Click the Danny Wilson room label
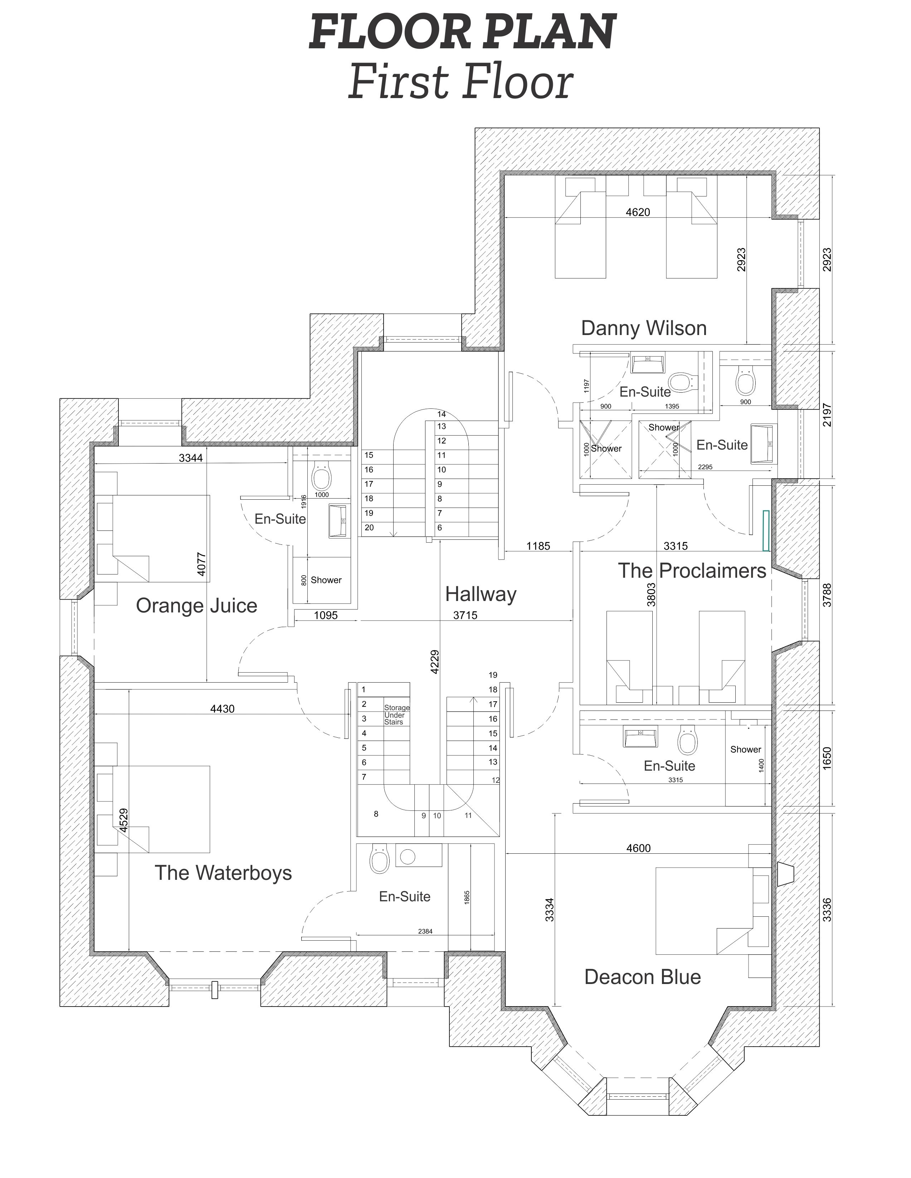[x=644, y=328]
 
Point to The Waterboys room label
[x=223, y=873]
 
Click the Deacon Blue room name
[x=643, y=977]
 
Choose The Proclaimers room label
[x=692, y=571]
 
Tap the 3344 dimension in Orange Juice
[x=191, y=458]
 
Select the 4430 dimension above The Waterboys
[x=222, y=709]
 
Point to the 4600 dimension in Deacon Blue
[x=638, y=848]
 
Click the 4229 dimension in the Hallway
[x=435, y=662]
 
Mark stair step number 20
[x=369, y=528]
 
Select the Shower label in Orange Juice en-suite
[x=326, y=580]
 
